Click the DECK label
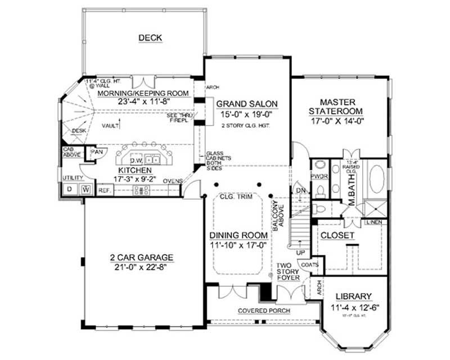(x=150, y=38)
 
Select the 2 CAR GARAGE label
(x=141, y=258)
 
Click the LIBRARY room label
(x=353, y=296)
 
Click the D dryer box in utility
(x=69, y=190)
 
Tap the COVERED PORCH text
(x=259, y=310)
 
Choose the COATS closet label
(x=310, y=265)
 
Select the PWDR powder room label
(x=319, y=176)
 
